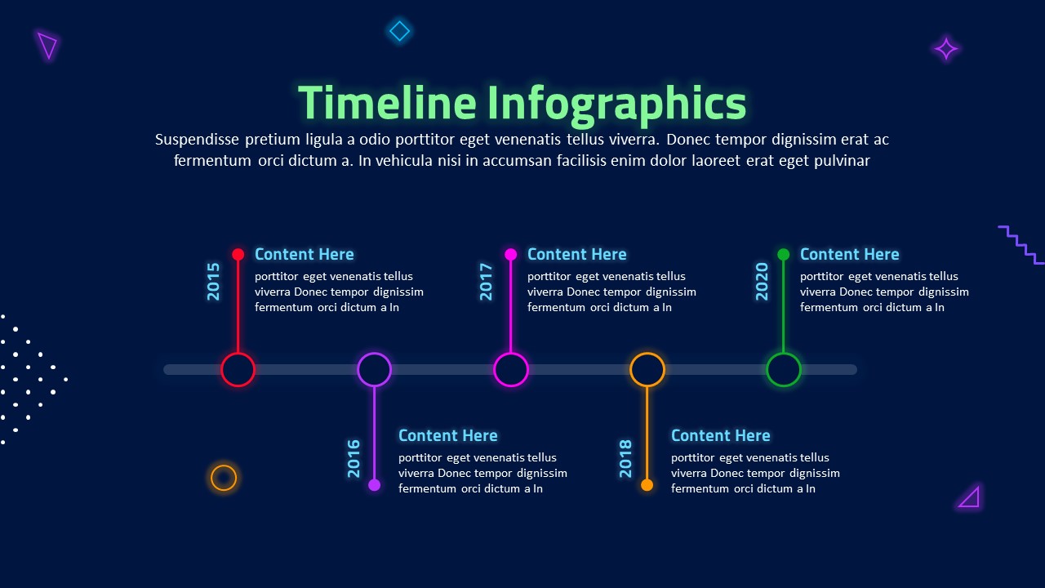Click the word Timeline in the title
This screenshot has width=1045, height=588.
point(387,104)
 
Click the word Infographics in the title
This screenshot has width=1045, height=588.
point(617,104)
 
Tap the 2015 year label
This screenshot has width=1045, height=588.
point(214,281)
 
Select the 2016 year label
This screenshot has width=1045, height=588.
point(354,458)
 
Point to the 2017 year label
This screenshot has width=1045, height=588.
point(487,281)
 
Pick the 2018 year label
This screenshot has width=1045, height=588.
point(626,458)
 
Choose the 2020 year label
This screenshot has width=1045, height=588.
point(762,281)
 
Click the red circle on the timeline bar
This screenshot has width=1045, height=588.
point(238,370)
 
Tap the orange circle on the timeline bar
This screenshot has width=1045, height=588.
point(647,370)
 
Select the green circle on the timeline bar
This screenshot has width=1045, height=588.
point(784,370)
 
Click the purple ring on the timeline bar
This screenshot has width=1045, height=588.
point(375,370)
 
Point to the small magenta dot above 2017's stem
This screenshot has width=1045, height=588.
point(511,254)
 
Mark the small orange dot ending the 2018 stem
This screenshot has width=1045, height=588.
point(647,485)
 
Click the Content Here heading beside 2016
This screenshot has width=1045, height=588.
point(447,435)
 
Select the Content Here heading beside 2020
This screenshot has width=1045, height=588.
point(849,254)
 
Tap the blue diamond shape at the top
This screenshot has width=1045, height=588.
point(399,31)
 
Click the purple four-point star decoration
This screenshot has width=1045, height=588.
point(945,49)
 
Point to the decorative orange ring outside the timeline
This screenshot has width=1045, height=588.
point(224,478)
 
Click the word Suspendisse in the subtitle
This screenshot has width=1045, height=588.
point(197,140)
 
